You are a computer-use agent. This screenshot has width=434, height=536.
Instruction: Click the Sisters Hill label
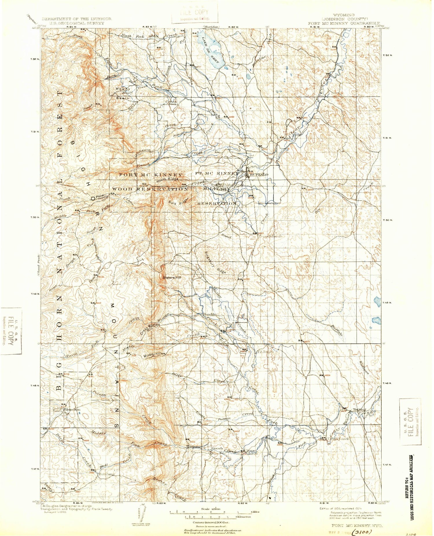(x=172, y=277)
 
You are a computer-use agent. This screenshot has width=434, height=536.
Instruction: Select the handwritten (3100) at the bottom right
(x=362, y=532)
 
